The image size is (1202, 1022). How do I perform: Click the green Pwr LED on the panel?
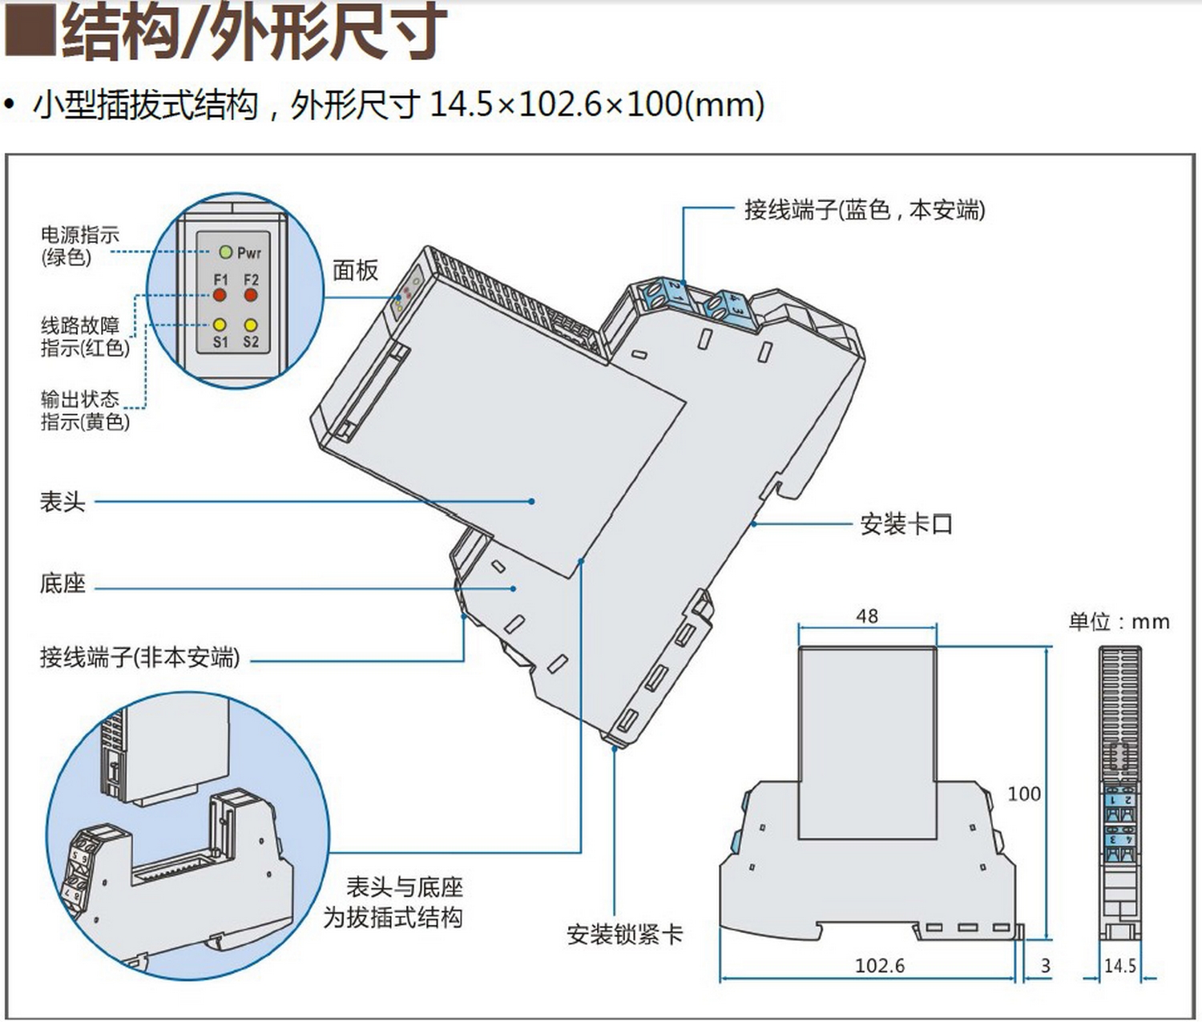click(225, 252)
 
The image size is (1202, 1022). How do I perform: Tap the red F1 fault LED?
click(220, 295)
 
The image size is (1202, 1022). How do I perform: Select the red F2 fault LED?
click(251, 295)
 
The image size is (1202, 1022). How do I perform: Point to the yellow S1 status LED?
click(220, 325)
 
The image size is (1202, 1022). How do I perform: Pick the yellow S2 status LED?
click(251, 325)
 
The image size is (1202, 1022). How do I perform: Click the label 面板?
click(355, 271)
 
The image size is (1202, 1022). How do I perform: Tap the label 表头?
click(63, 502)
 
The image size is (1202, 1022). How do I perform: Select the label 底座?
click(63, 583)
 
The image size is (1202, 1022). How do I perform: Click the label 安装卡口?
click(906, 524)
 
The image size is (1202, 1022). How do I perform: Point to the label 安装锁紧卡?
click(624, 934)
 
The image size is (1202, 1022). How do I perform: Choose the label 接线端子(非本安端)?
click(140, 658)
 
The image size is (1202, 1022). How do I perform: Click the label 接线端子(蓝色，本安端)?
click(865, 210)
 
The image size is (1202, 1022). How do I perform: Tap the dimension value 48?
click(867, 616)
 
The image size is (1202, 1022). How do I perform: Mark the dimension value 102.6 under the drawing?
click(879, 965)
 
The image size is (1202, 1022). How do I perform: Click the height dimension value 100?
click(1024, 794)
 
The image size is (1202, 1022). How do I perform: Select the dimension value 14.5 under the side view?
click(1119, 966)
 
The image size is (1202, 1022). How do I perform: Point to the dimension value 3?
click(1046, 966)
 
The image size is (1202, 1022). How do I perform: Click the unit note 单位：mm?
click(1119, 622)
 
